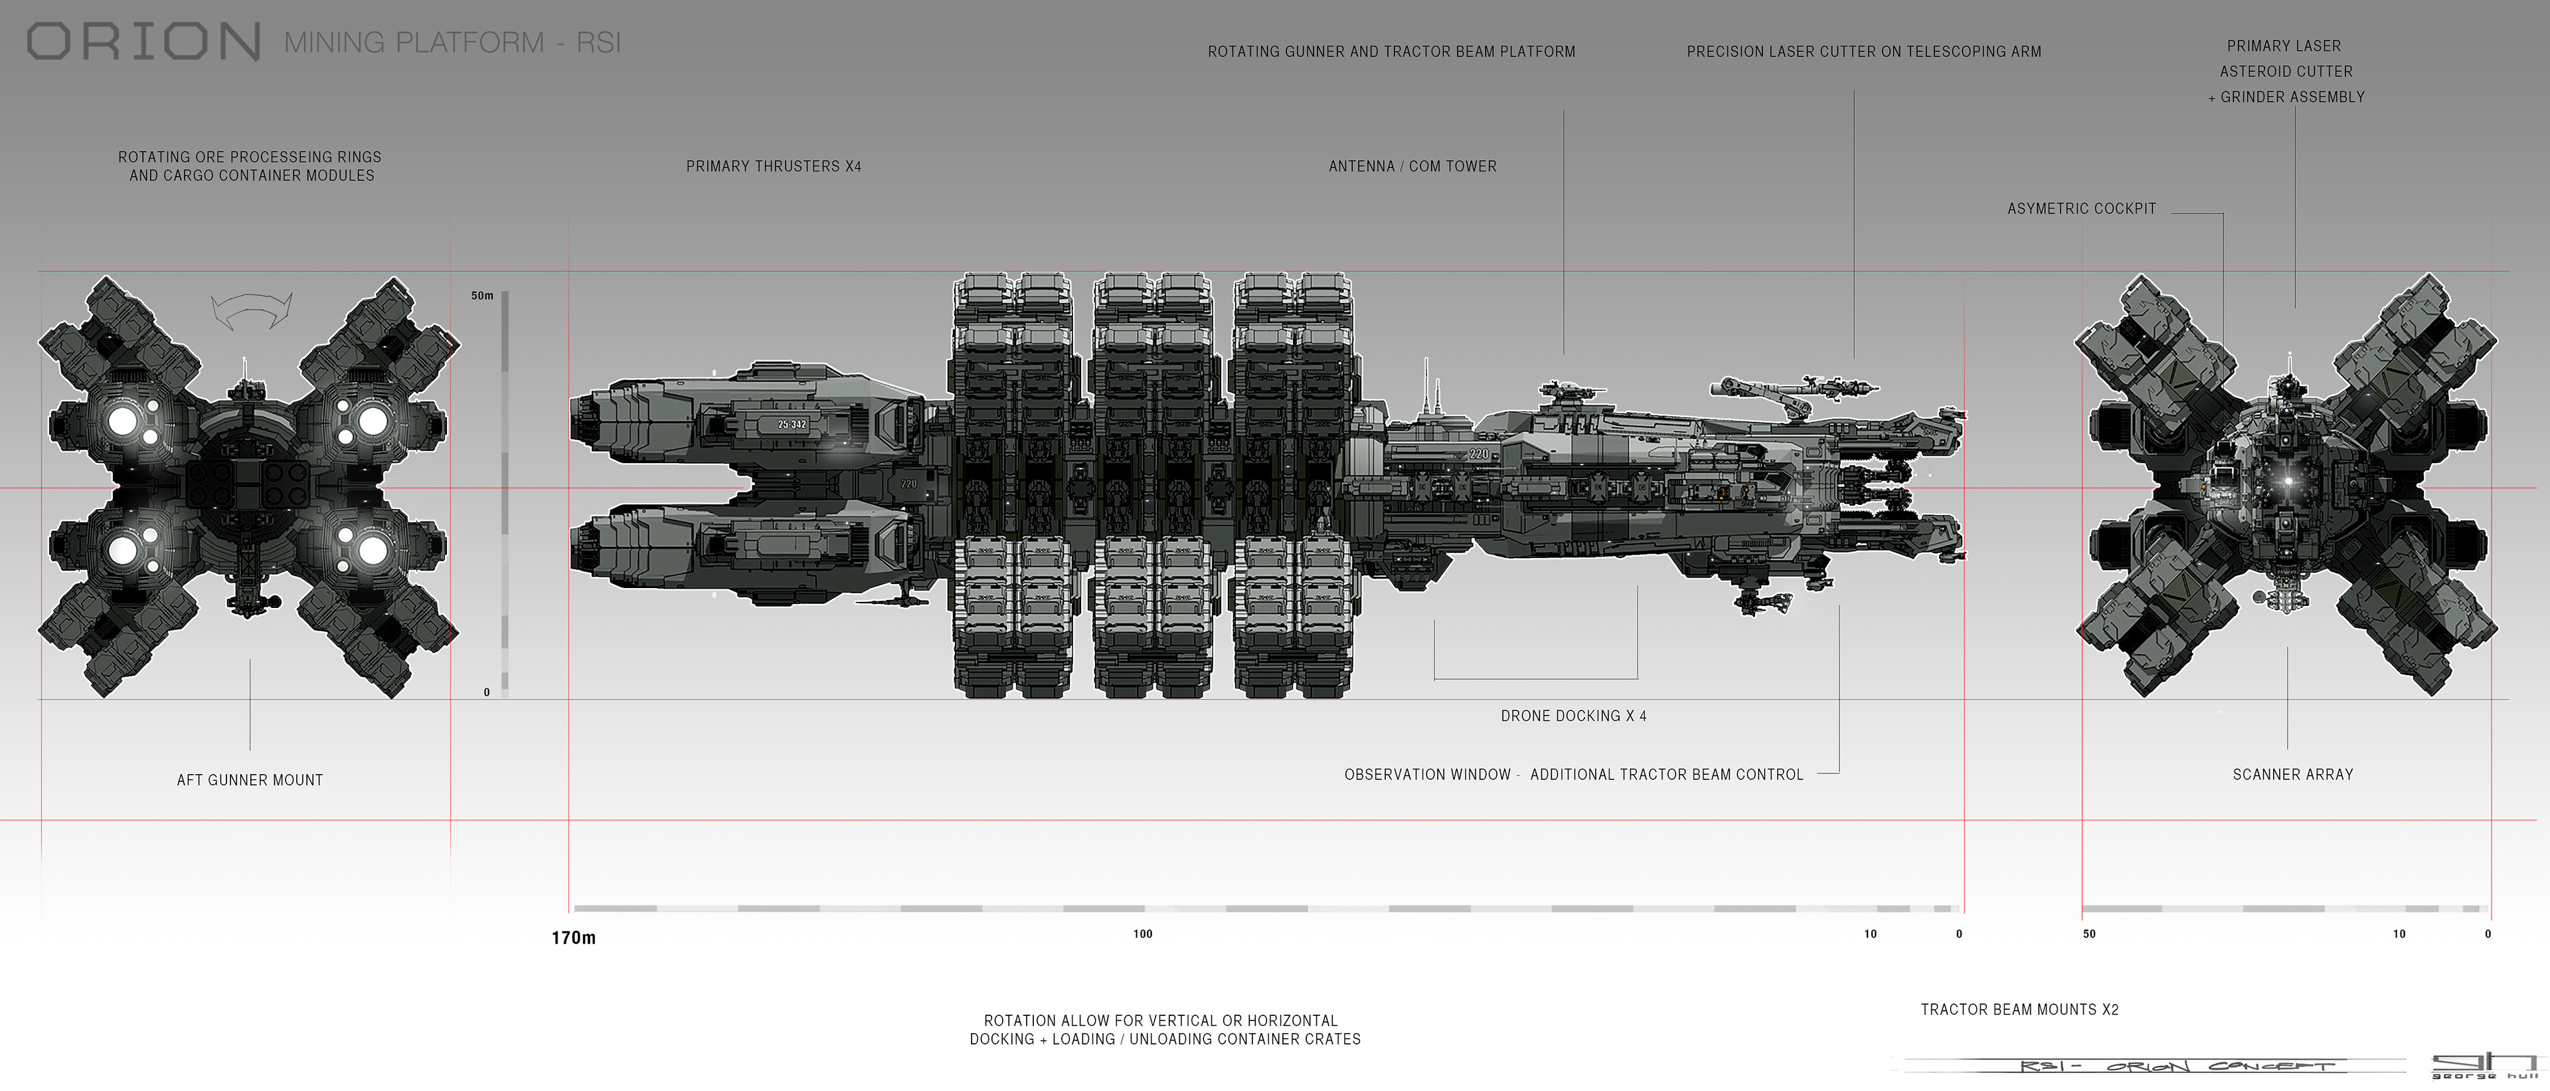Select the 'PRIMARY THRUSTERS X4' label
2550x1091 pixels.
tap(773, 166)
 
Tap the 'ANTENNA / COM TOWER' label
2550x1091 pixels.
tap(1412, 166)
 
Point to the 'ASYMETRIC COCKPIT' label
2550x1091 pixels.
tap(2081, 209)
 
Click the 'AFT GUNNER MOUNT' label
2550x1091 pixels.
tap(250, 780)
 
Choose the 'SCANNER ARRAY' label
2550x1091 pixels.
tap(2292, 774)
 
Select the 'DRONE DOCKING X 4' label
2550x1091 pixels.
tap(1573, 716)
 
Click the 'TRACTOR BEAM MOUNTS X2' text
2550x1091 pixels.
tap(2019, 1010)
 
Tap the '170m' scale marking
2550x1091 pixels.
tap(573, 938)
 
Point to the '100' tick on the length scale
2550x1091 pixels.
tap(1142, 934)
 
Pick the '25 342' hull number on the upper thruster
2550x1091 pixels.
tap(792, 425)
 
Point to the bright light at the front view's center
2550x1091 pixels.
tap(2288, 481)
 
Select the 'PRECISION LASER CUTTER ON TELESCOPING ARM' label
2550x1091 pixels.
tap(1863, 51)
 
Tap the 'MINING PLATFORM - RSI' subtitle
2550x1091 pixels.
tap(452, 43)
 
